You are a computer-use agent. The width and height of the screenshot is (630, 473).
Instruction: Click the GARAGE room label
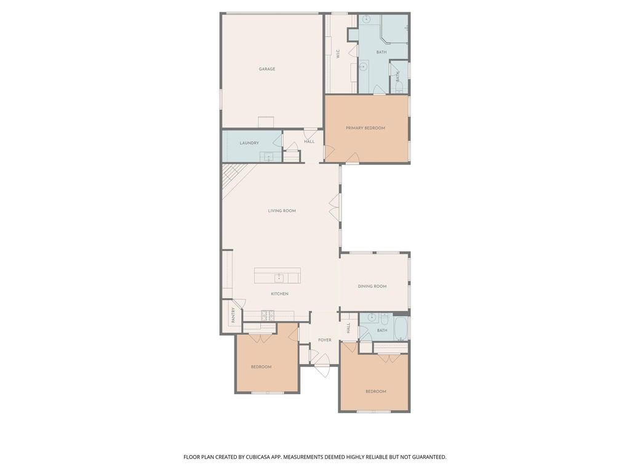(x=267, y=69)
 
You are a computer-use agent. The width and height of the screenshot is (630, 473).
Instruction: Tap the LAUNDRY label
(x=249, y=143)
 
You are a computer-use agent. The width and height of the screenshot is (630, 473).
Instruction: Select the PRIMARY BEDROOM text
(x=365, y=128)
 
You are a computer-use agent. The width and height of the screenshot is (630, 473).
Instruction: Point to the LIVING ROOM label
(x=282, y=211)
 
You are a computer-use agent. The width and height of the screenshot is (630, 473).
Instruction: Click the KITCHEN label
(x=279, y=294)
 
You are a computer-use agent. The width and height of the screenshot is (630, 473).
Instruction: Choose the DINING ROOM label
(x=372, y=286)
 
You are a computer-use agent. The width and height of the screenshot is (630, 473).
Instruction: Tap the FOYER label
(x=325, y=340)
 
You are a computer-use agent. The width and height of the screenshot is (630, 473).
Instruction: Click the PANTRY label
(x=233, y=315)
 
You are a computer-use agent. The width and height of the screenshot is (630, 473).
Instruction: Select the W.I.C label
(x=338, y=54)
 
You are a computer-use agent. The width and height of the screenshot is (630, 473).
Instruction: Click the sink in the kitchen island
(x=279, y=278)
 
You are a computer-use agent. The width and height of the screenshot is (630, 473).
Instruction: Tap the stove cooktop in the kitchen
(x=268, y=315)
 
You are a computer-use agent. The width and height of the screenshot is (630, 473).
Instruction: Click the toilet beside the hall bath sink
(x=384, y=318)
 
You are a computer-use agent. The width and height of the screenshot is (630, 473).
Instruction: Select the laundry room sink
(x=266, y=156)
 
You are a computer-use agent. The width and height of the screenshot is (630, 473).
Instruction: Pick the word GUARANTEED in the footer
(x=430, y=457)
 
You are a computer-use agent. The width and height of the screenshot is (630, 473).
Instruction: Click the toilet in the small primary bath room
(x=399, y=89)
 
